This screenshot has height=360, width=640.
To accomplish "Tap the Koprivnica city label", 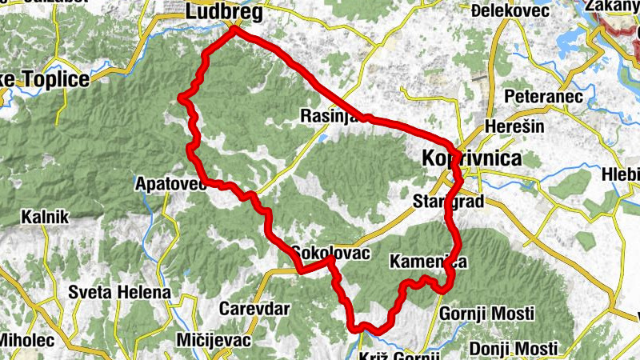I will point(471,158).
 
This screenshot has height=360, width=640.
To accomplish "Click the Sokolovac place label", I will point(330,252).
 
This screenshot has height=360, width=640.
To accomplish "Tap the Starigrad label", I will point(449,201).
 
